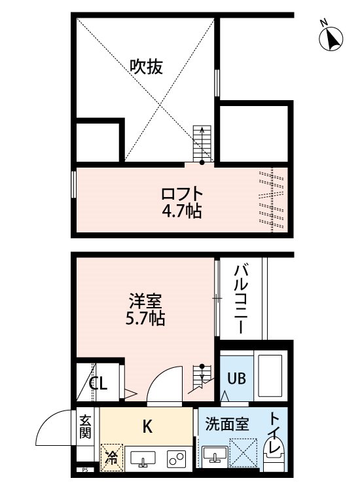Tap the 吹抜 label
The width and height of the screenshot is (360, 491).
[x=145, y=66]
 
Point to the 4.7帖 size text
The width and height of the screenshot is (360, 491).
[x=183, y=211]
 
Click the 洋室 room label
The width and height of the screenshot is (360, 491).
[x=145, y=302]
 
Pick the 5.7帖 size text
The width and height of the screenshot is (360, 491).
[x=145, y=319]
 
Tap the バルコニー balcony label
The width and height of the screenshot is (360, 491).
[x=240, y=298]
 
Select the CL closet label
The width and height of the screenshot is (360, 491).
[x=98, y=384]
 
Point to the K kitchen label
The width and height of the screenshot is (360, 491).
[x=147, y=427]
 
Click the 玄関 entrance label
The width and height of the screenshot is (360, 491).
[x=86, y=426]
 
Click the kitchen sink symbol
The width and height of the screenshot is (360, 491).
[x=141, y=458]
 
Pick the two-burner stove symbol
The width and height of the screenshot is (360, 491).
[x=176, y=458]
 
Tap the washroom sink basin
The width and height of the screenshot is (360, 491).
[x=214, y=454]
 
